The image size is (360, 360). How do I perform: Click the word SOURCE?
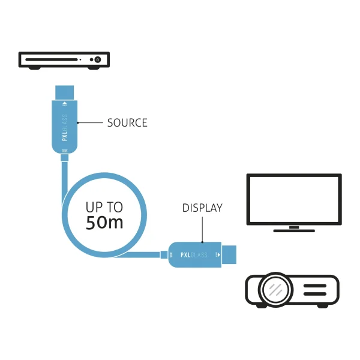point(127,123)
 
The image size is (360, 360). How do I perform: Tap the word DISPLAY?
point(202,208)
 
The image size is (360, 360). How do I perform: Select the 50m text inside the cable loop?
point(104,223)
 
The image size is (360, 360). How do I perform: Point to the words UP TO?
point(104,207)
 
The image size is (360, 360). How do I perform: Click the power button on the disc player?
point(98,59)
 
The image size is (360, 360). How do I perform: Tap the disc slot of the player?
point(52,59)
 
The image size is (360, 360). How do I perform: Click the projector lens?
point(275,289)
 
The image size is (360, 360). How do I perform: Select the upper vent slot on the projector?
point(315,286)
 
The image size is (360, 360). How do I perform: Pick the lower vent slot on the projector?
point(315,294)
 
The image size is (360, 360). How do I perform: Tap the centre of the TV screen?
point(294,199)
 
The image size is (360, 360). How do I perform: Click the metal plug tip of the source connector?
point(65,93)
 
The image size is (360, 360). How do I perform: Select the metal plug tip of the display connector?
point(229,254)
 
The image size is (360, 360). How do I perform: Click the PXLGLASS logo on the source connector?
point(65,128)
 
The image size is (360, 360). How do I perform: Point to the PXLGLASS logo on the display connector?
point(194,255)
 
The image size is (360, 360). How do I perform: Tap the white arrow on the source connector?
point(65,104)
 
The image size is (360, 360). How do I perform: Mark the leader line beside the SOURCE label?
point(90,123)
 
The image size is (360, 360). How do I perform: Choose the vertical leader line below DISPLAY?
point(202,230)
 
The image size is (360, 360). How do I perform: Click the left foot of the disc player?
point(34,68)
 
